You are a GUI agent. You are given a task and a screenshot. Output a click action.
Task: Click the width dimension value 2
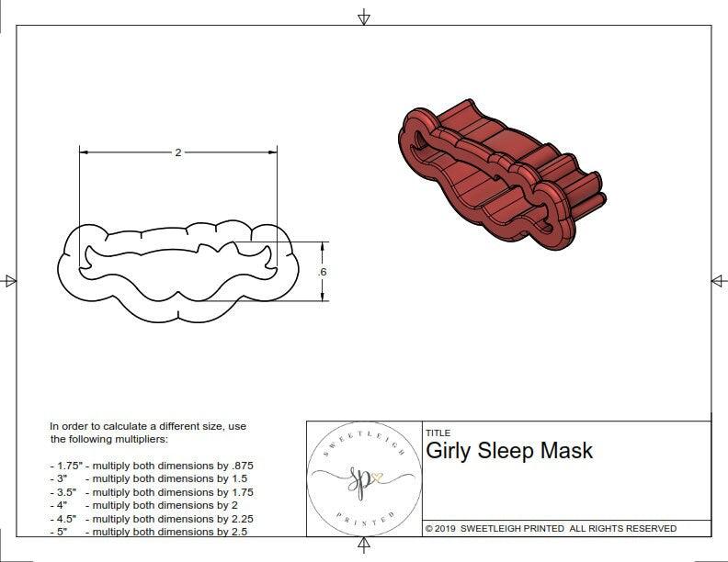coord(177,152)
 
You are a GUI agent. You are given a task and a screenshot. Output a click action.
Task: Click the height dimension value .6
coord(322,272)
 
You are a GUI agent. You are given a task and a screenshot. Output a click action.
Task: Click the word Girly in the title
coord(451,451)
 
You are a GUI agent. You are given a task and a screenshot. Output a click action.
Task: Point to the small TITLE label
coord(438,433)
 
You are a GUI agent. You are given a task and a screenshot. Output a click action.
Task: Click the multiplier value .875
coord(240,466)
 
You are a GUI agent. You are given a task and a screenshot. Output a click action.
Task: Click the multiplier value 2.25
coord(239,518)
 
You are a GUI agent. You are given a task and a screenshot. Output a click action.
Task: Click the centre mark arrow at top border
coord(364,17)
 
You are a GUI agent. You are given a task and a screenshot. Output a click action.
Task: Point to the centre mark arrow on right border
coord(718,280)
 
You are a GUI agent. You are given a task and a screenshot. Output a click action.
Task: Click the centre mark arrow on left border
coord(9,280)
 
